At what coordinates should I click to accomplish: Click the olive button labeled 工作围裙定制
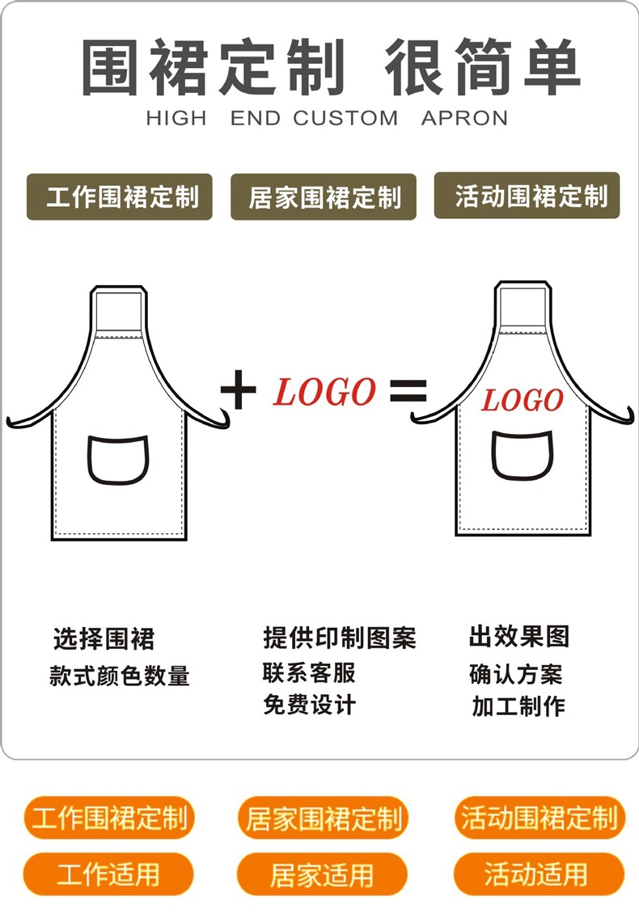tap(119, 197)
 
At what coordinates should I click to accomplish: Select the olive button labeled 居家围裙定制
tap(324, 197)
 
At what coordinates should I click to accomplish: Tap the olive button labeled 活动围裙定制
tap(527, 196)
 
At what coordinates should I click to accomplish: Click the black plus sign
tap(239, 392)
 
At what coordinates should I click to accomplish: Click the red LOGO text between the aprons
tap(324, 392)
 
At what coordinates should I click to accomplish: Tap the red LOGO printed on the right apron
tap(522, 400)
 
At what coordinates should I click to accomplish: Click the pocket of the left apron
tap(119, 460)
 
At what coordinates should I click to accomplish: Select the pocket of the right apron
tap(523, 455)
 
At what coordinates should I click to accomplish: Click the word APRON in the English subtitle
tap(464, 118)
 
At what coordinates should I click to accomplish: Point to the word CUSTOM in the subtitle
tap(345, 118)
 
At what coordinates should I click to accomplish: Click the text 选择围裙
tap(104, 639)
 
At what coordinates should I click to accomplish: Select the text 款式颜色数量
tap(119, 676)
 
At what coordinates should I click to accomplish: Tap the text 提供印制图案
tap(340, 638)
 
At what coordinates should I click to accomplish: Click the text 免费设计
tap(309, 705)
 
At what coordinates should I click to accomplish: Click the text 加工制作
tap(518, 706)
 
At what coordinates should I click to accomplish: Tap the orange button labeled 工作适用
tap(108, 874)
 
